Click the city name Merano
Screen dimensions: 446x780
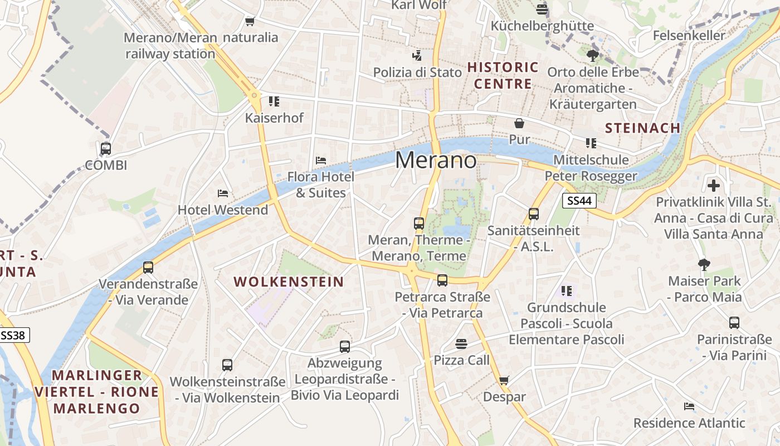436,161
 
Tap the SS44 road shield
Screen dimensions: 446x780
579,201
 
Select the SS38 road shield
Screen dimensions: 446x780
13,335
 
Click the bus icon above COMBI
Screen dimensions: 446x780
105,149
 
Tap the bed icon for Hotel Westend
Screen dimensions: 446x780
223,193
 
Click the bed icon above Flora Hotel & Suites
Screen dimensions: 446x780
321,161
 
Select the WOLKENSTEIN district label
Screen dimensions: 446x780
289,282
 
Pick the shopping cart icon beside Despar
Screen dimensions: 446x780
504,380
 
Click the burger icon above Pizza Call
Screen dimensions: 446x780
461,343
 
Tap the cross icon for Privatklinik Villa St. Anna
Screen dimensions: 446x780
714,185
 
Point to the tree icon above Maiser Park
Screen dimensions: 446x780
704,264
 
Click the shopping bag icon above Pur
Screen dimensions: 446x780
519,123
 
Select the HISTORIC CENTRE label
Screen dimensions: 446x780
503,76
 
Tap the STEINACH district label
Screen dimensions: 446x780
642,128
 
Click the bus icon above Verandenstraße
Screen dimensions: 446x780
148,268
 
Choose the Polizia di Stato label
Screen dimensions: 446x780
417,72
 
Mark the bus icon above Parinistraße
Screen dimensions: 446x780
734,322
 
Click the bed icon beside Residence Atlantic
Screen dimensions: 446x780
689,406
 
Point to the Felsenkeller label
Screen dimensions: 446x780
689,36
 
